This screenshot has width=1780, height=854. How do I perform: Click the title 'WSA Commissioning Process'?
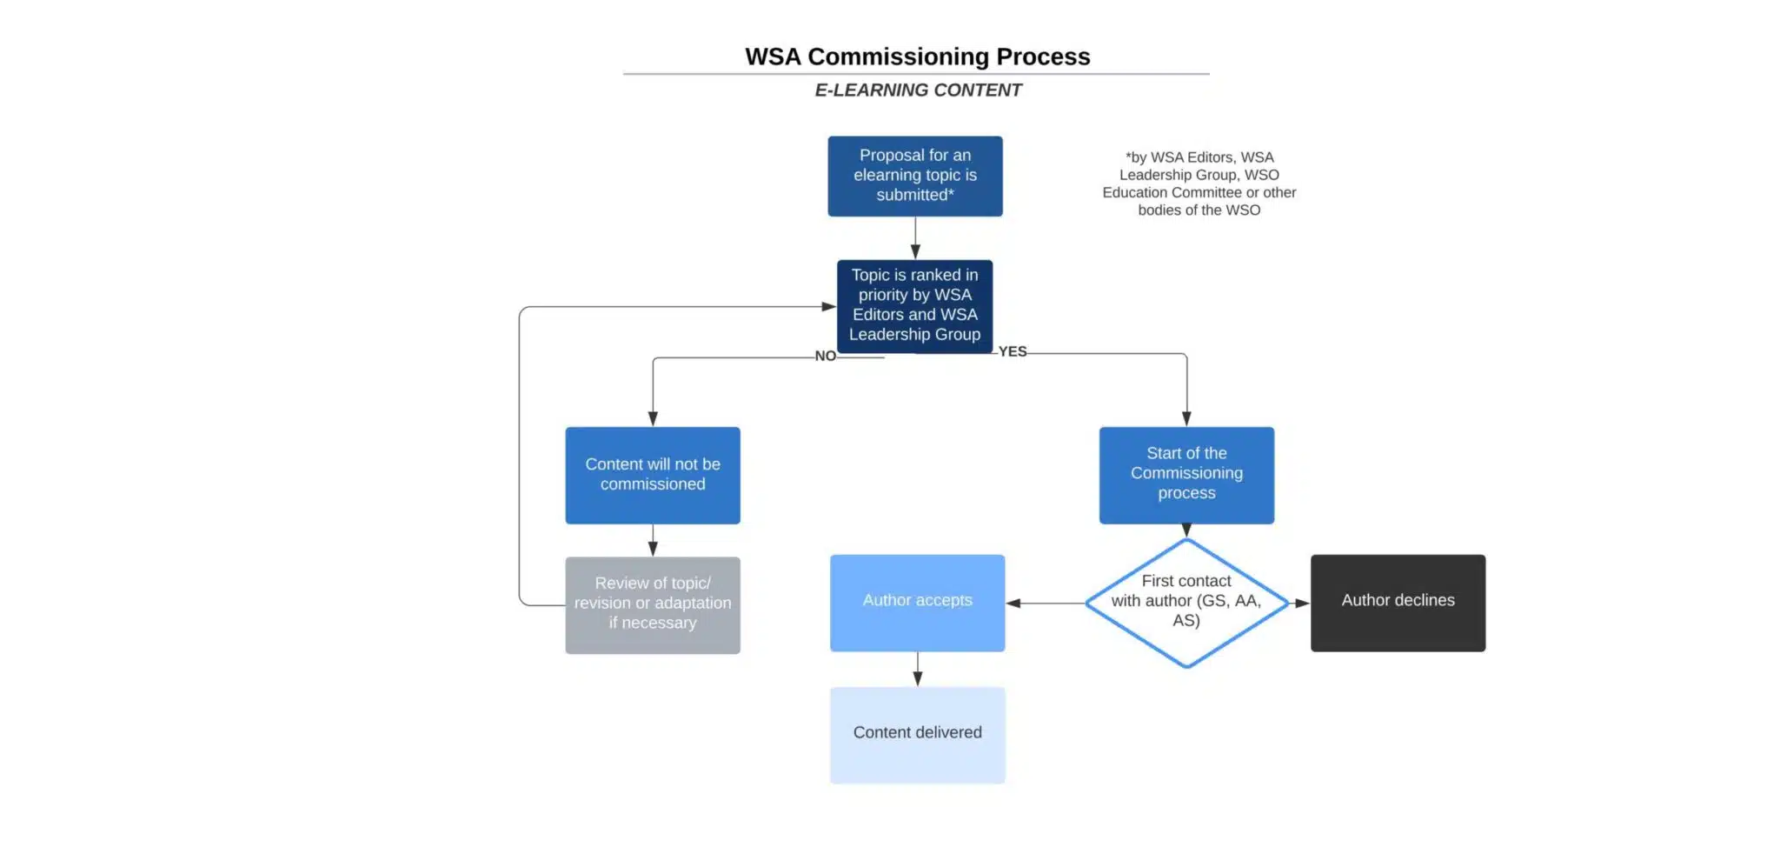[917, 57]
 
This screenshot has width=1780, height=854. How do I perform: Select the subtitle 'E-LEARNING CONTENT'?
[918, 90]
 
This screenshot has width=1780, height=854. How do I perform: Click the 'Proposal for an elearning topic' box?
[914, 176]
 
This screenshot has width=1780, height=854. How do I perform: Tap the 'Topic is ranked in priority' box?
[914, 305]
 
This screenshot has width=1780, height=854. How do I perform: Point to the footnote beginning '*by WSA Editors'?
[1199, 183]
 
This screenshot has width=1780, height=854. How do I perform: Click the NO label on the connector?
[825, 356]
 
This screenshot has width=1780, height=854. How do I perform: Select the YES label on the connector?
[1013, 351]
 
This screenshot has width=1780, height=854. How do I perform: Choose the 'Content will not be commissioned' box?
[653, 475]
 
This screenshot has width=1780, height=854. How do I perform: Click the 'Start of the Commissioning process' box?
[1186, 475]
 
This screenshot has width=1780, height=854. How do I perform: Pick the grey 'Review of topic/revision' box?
[653, 604]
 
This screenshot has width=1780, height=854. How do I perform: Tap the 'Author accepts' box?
[917, 603]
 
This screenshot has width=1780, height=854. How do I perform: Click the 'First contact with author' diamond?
[1186, 603]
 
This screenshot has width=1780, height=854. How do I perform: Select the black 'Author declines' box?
[1398, 603]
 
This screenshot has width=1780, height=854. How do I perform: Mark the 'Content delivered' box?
[917, 735]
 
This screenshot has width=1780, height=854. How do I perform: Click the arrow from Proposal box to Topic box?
[915, 237]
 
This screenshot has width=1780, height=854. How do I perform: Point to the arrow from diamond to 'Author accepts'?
[1046, 603]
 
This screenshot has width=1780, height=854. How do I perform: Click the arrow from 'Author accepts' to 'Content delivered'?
[918, 669]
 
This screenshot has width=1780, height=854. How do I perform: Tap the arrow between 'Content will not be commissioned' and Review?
[653, 540]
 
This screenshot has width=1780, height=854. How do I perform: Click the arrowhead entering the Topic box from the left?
[829, 306]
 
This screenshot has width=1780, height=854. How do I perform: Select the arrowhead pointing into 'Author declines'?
[1302, 603]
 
